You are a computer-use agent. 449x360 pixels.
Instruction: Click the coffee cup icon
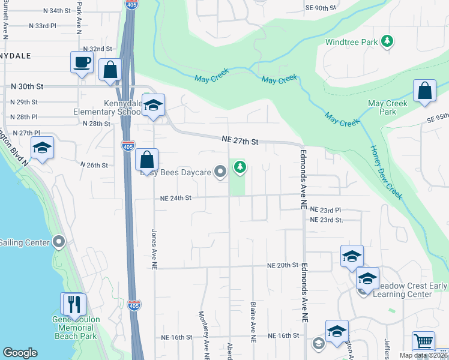coord(82,62)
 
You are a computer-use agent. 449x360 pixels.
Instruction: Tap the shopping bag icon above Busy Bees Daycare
coord(147,160)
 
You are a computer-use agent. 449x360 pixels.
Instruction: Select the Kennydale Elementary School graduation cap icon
coord(154,106)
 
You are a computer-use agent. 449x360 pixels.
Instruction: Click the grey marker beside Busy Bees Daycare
coord(220,172)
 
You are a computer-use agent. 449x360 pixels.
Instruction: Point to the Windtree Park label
coord(353,42)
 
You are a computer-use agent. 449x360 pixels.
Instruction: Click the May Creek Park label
coord(388,107)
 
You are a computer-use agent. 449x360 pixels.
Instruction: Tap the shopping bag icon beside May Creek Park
coord(424,91)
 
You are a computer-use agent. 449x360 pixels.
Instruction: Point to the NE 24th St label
coord(175,197)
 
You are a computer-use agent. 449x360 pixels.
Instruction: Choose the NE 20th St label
coord(283,265)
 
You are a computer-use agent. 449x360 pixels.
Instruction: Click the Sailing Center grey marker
coord(59,242)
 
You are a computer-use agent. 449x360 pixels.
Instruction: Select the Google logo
coord(20,353)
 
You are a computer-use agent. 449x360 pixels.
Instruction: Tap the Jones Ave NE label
coord(154,247)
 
